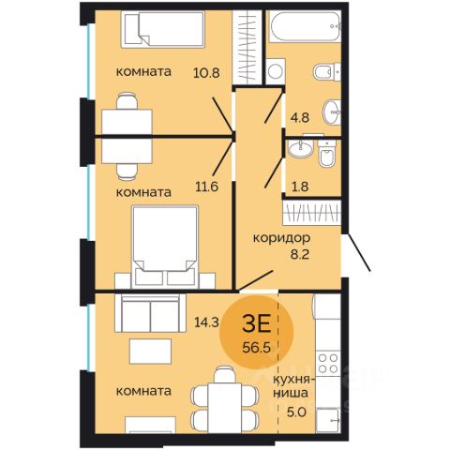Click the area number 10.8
click(206, 73)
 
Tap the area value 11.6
click(206, 187)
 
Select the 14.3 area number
click(206, 322)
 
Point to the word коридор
click(281, 238)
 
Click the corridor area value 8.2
click(300, 254)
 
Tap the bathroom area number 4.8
click(300, 118)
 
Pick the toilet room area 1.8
click(300, 187)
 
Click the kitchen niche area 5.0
click(296, 412)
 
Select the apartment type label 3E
click(256, 324)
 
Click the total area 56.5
click(256, 347)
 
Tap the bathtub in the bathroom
click(305, 26)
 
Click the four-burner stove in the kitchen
click(328, 364)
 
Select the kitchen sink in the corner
click(328, 420)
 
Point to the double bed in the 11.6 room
click(165, 247)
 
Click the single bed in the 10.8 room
click(163, 29)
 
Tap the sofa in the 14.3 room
click(151, 313)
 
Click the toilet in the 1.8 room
click(327, 154)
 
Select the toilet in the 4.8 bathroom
click(327, 72)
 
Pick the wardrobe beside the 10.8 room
click(247, 47)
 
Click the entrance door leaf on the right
click(359, 252)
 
